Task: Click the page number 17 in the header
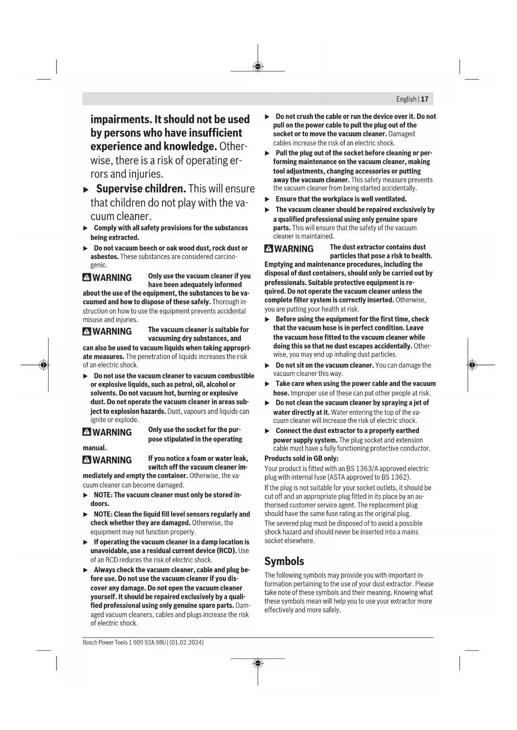click(x=425, y=99)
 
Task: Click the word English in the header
click(x=406, y=99)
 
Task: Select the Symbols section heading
click(x=284, y=561)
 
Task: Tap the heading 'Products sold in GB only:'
click(x=302, y=458)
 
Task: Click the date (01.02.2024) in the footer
click(x=187, y=642)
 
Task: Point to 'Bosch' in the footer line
click(x=90, y=642)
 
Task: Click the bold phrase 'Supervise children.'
click(x=141, y=189)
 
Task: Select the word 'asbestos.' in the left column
click(x=105, y=256)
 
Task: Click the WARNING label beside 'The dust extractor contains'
click(x=294, y=249)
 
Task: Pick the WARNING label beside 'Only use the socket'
click(x=112, y=432)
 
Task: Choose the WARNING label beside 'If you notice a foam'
click(x=112, y=460)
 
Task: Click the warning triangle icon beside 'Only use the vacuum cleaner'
click(x=87, y=278)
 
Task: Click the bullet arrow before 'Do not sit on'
click(x=267, y=365)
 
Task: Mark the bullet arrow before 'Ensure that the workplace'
click(x=267, y=199)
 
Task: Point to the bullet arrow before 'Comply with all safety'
click(x=86, y=228)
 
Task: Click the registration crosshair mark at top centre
click(x=258, y=67)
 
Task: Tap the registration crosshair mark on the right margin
click(x=471, y=365)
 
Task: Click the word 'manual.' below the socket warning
click(x=95, y=448)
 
